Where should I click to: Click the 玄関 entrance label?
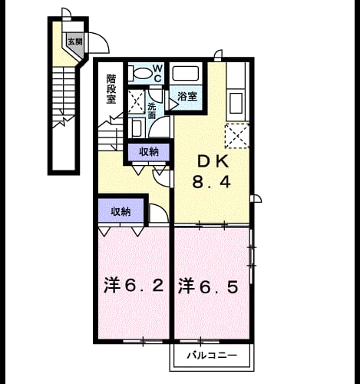(x=75, y=41)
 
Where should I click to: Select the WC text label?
(x=158, y=74)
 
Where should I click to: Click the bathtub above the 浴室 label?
(x=186, y=74)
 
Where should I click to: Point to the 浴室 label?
(x=187, y=96)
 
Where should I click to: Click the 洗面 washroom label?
(x=152, y=111)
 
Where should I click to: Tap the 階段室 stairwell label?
(x=111, y=88)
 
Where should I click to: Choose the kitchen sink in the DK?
(x=236, y=103)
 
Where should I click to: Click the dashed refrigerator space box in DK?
(x=237, y=136)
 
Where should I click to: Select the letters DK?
(x=213, y=162)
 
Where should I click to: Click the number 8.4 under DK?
(x=212, y=182)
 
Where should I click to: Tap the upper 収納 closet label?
(x=149, y=152)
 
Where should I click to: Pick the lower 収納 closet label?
(x=121, y=211)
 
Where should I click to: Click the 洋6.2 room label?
(x=134, y=286)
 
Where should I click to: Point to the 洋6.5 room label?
(x=208, y=286)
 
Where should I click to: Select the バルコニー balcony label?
(x=212, y=356)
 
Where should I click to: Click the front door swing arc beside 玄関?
(x=102, y=38)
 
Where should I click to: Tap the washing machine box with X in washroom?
(x=136, y=101)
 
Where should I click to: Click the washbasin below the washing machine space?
(x=137, y=127)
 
